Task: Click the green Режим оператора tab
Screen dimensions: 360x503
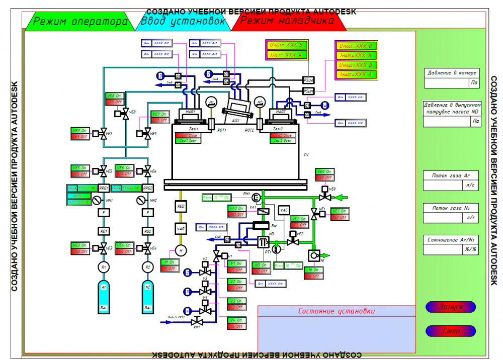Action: coord(80,22)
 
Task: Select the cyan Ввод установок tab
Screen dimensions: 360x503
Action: coord(183,22)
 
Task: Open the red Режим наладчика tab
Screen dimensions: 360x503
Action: coord(287,21)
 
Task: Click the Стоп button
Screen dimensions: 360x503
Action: coord(451,331)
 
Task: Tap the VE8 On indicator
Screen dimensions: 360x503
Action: coord(114,96)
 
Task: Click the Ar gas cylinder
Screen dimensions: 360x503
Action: coord(104,297)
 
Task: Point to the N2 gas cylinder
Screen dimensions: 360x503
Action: coord(148,297)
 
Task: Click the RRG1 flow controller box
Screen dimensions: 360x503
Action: coord(104,188)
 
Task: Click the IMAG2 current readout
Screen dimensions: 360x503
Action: coord(357,75)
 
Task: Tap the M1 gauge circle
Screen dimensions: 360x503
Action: coord(212,103)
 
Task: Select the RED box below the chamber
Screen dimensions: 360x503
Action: coord(181,206)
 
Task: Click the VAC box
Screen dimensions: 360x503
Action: coord(284,210)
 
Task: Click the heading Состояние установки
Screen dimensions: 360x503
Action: coord(336,311)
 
